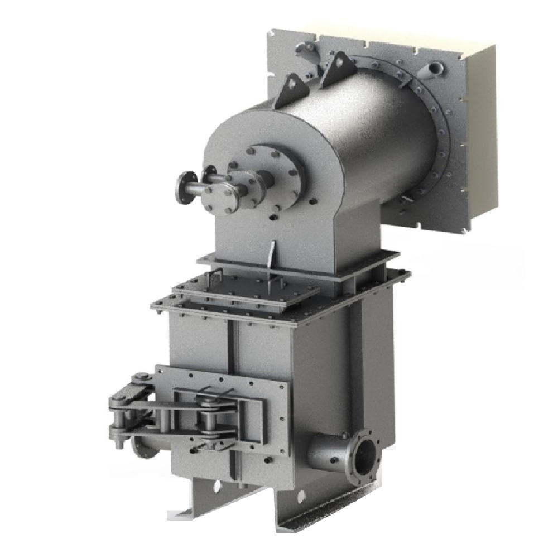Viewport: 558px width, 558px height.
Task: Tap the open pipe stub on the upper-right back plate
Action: coord(434,70)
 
